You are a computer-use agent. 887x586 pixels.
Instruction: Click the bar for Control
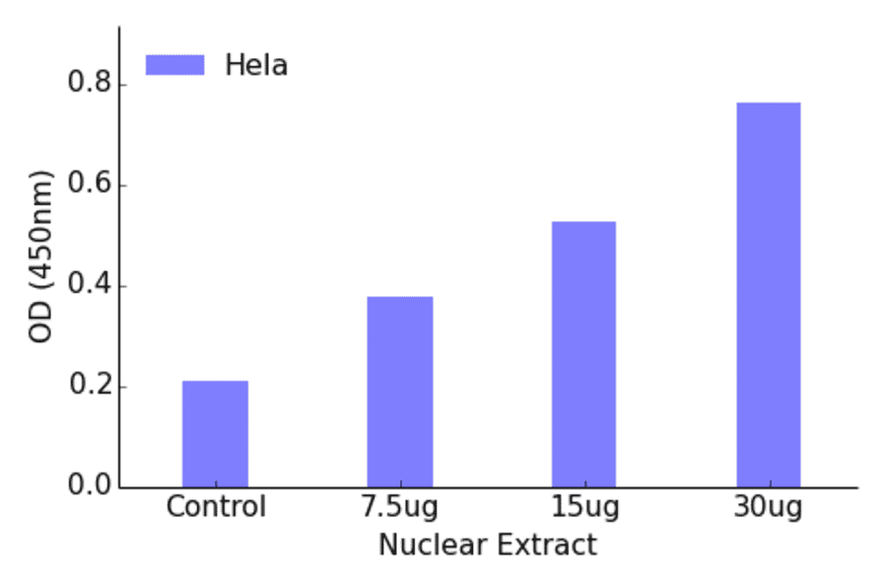215,434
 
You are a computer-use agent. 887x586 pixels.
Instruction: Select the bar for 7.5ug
400,392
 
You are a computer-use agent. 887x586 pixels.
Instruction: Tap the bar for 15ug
583,354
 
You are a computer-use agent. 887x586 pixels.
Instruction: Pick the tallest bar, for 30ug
769,295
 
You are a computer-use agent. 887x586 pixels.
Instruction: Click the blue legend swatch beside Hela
174,65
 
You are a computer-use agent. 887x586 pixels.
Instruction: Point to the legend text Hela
256,66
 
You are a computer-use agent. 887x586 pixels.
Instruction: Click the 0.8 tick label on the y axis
89,85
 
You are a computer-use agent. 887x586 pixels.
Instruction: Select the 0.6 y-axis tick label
89,185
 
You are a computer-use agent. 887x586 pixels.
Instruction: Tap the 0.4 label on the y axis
89,286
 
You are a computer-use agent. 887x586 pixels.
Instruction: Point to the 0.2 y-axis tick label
89,387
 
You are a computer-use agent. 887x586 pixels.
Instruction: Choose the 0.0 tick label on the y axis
89,487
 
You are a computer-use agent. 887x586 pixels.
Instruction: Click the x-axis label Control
216,508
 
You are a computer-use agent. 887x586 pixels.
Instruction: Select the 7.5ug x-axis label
399,509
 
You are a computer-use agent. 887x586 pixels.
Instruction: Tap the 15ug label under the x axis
584,509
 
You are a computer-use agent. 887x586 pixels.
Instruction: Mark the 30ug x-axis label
769,509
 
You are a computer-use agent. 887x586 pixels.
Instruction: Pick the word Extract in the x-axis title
547,545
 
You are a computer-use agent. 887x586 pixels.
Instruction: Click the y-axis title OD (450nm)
40,256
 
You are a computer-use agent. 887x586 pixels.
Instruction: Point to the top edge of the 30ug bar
769,103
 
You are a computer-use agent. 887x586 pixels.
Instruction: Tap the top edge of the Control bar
215,382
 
